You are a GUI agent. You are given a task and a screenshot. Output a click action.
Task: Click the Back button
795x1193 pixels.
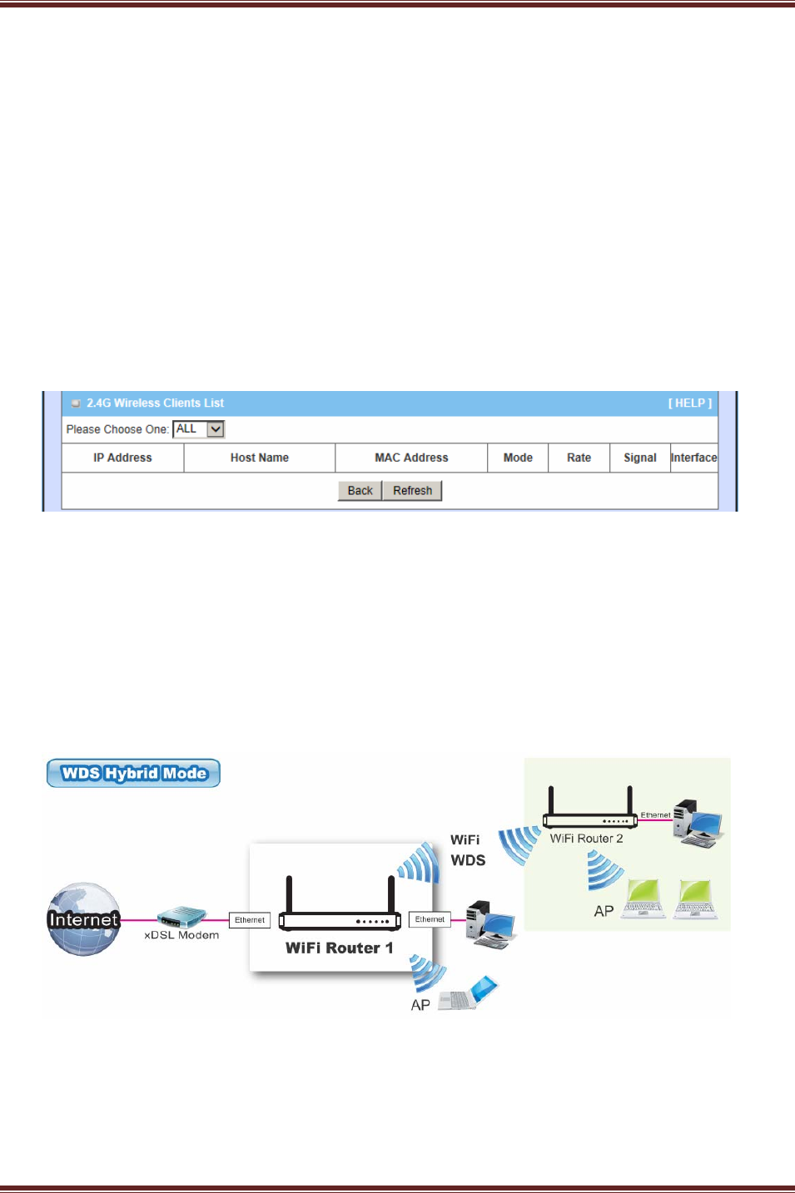360,491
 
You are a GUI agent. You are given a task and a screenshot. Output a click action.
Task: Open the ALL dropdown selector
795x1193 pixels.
199,429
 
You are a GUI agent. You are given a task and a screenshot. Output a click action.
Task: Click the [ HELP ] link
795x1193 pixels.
689,403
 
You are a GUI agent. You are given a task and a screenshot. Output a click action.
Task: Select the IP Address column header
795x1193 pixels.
122,458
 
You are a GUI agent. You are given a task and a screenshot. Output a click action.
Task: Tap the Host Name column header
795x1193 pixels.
260,458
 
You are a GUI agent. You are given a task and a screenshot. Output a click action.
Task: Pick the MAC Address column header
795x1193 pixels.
411,458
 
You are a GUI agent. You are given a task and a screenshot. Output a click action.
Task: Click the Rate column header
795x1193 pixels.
579,458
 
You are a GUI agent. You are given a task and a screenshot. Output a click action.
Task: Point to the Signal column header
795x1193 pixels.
639,458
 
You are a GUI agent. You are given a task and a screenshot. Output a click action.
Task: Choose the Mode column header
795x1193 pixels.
518,458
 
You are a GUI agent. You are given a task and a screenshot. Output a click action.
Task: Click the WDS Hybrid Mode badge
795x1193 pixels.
134,773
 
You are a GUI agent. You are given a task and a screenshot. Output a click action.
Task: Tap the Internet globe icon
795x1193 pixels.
83,919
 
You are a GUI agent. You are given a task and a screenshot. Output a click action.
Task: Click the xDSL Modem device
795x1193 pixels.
181,918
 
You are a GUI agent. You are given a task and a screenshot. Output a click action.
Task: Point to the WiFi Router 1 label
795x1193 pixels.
339,948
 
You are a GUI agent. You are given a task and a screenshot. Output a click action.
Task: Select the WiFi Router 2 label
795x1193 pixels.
586,839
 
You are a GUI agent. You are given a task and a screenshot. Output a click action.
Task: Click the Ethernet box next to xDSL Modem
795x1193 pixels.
250,920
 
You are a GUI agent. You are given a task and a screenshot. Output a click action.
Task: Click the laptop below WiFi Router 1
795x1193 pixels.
469,993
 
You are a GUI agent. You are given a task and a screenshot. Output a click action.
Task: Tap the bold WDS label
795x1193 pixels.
468,861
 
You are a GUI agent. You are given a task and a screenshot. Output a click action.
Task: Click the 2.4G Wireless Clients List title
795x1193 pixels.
155,403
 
